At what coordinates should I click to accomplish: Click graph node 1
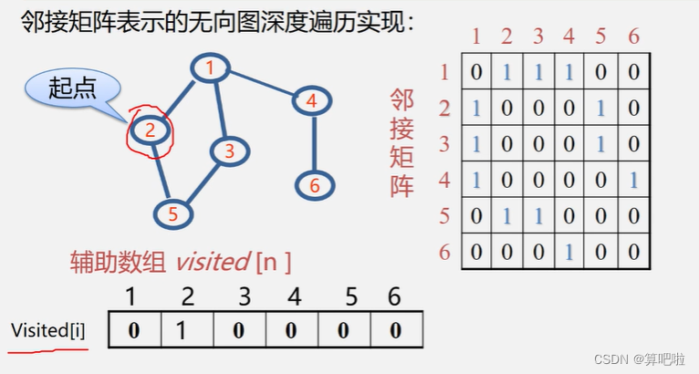coord(210,68)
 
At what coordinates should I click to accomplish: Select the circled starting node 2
coord(151,130)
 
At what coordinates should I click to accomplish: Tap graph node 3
coord(230,151)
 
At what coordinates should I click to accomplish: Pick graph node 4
coord(311,101)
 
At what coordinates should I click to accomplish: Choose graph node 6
coord(315,185)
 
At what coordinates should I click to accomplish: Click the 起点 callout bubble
coord(72,89)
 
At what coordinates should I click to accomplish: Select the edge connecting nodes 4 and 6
coord(313,143)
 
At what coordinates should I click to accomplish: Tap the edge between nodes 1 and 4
coord(261,84)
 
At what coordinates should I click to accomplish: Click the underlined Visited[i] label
coord(48,330)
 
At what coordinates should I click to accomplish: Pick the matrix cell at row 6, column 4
coord(569,252)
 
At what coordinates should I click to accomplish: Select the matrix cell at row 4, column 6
coord(632,180)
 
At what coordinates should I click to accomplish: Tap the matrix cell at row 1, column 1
coord(476,73)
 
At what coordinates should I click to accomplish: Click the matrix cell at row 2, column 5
coord(600,109)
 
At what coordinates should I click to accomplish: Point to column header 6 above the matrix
coord(633,37)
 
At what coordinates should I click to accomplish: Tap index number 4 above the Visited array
coord(294,297)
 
